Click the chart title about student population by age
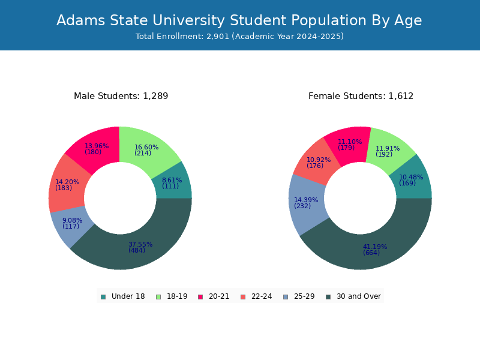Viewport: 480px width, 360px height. pyautogui.click(x=239, y=20)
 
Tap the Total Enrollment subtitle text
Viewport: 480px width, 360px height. pyautogui.click(x=239, y=37)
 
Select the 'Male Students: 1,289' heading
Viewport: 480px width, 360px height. pyautogui.click(x=121, y=96)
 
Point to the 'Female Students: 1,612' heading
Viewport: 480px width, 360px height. pyautogui.click(x=361, y=96)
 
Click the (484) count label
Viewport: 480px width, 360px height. pyautogui.click(x=137, y=250)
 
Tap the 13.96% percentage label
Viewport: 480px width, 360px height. pyautogui.click(x=97, y=146)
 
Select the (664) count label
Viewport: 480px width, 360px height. pyautogui.click(x=371, y=253)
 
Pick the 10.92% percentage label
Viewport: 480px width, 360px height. pyautogui.click(x=319, y=160)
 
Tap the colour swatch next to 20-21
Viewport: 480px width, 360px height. pyautogui.click(x=200, y=296)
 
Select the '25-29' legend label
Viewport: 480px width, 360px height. pyautogui.click(x=305, y=296)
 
